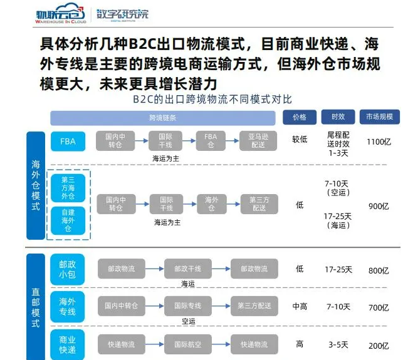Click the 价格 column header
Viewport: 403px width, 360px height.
point(300,117)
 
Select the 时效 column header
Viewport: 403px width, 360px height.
point(338,117)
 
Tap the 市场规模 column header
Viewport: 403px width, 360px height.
point(379,117)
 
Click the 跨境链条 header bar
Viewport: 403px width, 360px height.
point(162,117)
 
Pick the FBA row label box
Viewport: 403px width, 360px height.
point(68,141)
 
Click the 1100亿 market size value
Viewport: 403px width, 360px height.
point(379,142)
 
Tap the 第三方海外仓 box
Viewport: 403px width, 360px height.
point(68,188)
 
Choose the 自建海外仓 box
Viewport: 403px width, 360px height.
point(68,220)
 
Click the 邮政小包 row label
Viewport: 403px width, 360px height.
point(68,270)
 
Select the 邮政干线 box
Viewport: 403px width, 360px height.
point(187,269)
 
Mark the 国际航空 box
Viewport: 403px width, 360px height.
point(187,344)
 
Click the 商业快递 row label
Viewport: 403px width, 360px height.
point(68,344)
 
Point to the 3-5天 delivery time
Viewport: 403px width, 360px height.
point(338,345)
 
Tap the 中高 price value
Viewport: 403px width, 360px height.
point(300,307)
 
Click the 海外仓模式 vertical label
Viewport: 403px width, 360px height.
point(35,185)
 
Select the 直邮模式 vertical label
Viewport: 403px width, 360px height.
point(35,307)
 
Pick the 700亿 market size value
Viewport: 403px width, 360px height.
point(379,307)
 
